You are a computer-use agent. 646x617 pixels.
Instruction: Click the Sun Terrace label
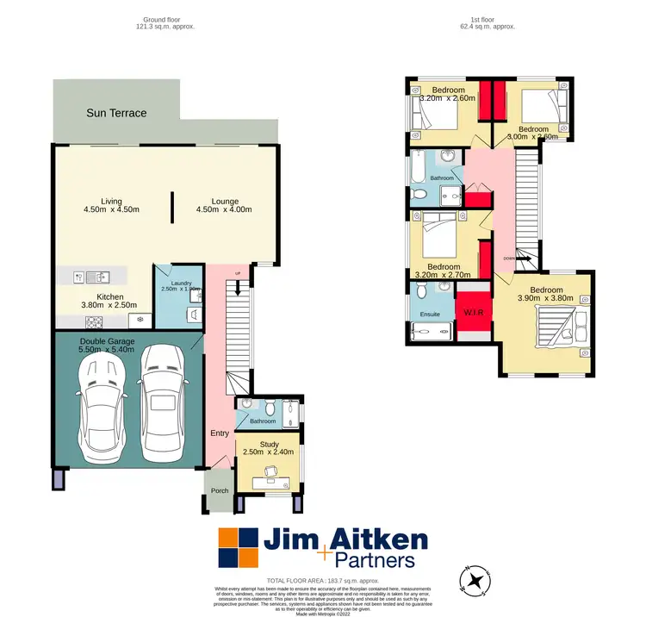click(x=116, y=113)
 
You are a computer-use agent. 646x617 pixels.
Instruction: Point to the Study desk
click(x=260, y=470)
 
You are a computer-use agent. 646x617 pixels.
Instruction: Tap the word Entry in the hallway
click(x=220, y=433)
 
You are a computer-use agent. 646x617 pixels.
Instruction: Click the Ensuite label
click(x=430, y=314)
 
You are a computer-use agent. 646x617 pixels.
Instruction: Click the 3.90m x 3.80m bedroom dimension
click(x=545, y=298)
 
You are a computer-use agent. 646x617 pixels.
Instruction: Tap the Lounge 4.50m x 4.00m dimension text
click(x=224, y=209)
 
